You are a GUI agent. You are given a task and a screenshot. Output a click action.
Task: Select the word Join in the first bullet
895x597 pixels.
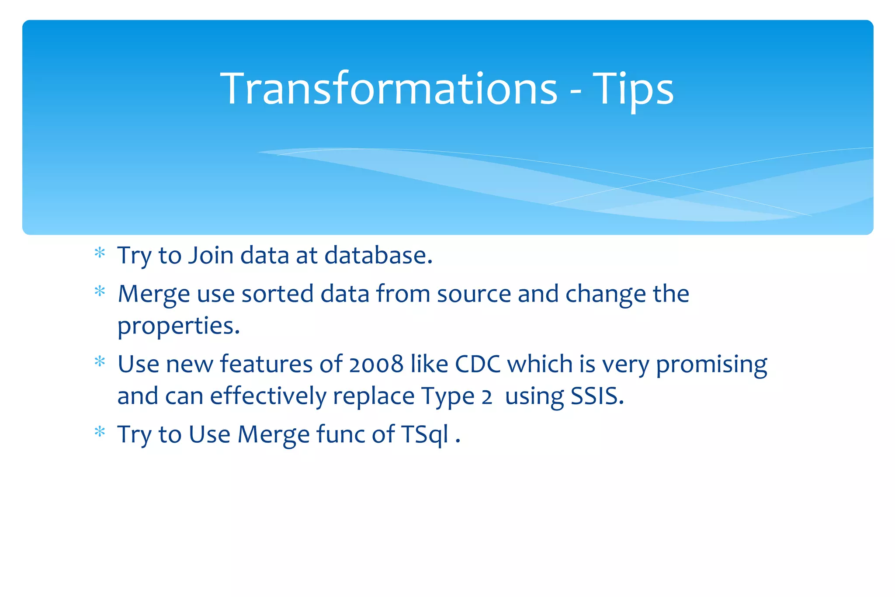(211, 255)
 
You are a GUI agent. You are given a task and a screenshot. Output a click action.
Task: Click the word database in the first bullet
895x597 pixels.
(378, 255)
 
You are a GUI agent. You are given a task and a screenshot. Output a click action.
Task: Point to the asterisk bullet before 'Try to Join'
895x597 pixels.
(100, 253)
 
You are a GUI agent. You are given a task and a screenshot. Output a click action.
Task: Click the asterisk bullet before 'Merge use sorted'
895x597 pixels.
(100, 292)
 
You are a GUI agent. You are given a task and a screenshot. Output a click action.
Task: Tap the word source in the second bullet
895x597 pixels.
(474, 294)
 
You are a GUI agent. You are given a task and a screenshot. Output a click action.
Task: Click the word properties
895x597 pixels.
(179, 326)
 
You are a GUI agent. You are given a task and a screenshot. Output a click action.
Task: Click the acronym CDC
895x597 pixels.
(478, 364)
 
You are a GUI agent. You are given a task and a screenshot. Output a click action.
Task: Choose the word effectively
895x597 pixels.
(268, 396)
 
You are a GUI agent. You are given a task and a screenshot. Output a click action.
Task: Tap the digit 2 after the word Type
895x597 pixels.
(486, 397)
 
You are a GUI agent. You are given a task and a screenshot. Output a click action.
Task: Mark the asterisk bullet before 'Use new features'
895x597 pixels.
(100, 362)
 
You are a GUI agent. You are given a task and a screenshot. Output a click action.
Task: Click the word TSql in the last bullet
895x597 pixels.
(425, 435)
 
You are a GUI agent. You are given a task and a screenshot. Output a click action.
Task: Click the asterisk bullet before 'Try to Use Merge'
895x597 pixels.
(100, 432)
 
